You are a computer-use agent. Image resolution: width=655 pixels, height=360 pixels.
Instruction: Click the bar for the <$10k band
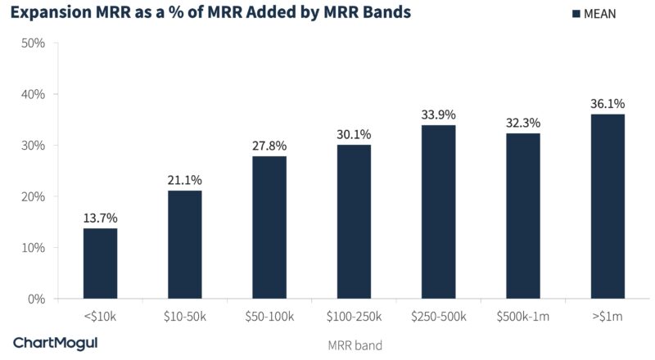pos(100,263)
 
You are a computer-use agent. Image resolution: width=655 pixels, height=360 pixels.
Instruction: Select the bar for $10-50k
pos(185,245)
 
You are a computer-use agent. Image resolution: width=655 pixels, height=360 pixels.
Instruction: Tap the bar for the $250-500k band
pos(438,212)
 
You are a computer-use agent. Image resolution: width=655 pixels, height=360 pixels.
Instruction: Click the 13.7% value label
pos(100,218)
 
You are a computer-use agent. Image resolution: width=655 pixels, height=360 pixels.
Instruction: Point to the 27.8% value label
pos(269,146)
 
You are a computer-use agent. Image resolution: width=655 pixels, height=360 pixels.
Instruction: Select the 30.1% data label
pos(354,134)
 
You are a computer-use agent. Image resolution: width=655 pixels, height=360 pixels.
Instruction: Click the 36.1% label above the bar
pos(607,104)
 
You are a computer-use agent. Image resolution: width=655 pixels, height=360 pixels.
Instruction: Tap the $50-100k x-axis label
pos(269,316)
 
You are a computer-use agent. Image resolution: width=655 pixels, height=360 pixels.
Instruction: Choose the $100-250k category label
pos(354,316)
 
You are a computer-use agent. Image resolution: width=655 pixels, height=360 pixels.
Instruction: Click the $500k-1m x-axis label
pos(522,316)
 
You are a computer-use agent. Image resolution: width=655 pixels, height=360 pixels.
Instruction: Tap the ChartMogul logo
pos(55,343)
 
